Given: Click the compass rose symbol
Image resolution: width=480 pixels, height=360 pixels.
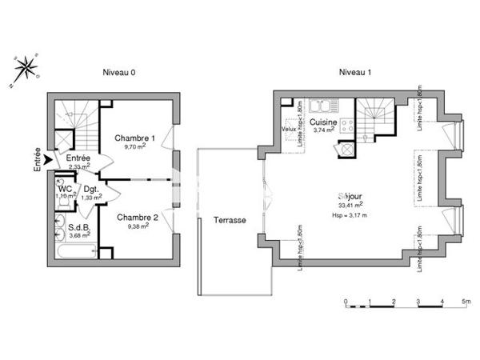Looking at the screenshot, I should (26, 67).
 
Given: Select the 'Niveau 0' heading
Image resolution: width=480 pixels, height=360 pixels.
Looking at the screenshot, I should (118, 72).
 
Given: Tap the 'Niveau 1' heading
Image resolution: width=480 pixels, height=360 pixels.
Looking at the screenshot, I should (355, 72).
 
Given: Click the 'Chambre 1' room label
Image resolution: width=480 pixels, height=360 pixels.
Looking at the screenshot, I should (134, 138).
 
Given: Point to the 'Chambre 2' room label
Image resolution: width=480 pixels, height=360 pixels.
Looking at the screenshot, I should (137, 217).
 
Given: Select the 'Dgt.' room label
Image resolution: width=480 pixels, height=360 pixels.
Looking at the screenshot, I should (91, 190).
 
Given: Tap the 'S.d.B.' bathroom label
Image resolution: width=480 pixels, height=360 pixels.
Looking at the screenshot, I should (78, 227).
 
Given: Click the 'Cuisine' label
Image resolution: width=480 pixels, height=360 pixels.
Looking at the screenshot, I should (324, 122).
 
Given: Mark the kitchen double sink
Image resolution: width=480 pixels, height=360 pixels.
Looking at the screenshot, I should (323, 105).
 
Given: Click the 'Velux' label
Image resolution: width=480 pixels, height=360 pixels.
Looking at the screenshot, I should (289, 129).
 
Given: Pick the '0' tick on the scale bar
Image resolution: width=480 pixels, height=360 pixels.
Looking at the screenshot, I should (346, 302).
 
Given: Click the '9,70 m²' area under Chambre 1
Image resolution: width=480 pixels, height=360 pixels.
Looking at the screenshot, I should (134, 147).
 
